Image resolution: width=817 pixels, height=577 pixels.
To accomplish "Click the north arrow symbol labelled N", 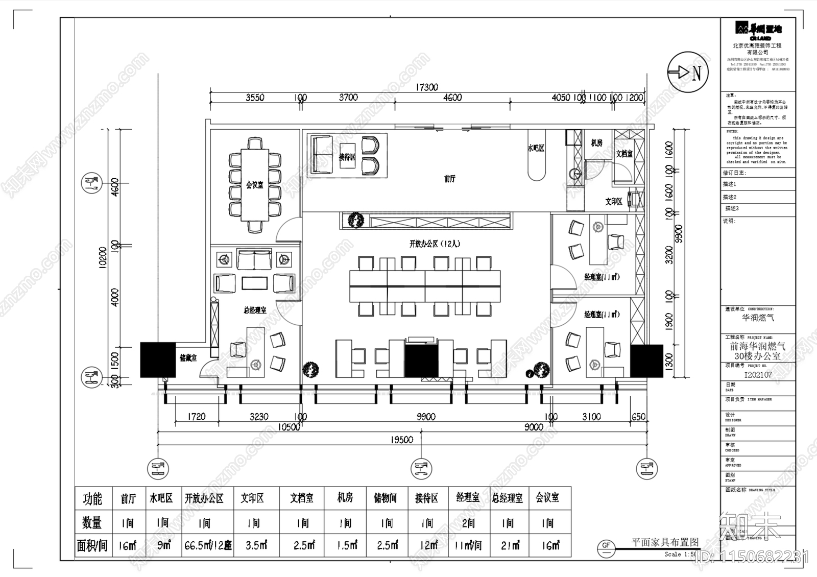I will click(687, 73).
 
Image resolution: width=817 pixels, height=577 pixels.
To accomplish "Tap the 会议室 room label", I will click(254, 185).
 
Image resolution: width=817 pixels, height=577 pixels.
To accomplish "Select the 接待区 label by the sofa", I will click(347, 157).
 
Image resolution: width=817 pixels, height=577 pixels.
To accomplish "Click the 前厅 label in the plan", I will click(449, 179).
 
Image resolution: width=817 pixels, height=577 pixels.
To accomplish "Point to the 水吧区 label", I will click(536, 148).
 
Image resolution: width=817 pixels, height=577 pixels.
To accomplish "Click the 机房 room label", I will click(596, 143).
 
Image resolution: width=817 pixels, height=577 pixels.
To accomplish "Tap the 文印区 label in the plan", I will click(613, 202).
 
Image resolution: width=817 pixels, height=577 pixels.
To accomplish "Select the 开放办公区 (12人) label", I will click(435, 244).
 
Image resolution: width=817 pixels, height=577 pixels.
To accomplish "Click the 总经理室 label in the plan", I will click(254, 310).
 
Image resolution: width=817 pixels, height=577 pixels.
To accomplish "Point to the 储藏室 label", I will click(188, 358).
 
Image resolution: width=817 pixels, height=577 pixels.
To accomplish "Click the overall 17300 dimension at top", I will click(426, 87).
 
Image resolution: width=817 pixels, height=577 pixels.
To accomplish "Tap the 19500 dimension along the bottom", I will click(401, 440).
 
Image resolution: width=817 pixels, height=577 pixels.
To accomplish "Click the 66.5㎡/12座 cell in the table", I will click(208, 545).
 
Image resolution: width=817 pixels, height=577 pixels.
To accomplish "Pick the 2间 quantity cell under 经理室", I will click(468, 523).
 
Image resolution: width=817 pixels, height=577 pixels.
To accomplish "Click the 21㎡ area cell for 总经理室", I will click(510, 545).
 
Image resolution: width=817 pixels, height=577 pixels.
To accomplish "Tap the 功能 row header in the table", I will click(92, 499).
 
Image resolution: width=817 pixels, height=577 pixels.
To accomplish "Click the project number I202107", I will click(758, 375).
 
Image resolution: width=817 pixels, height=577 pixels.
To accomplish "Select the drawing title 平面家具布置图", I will click(665, 542).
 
